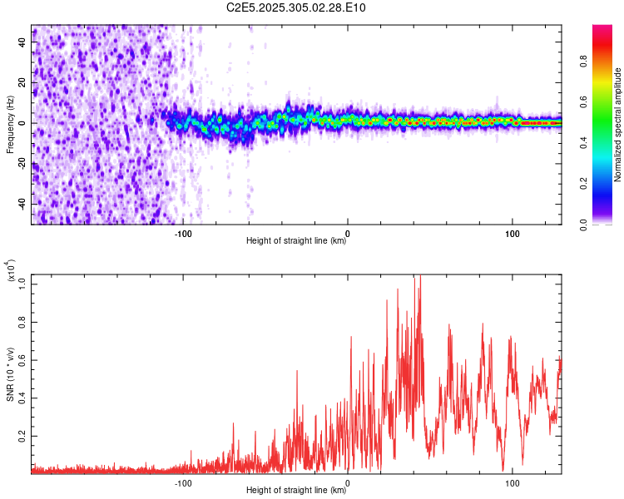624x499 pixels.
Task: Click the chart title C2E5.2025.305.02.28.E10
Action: click(297, 7)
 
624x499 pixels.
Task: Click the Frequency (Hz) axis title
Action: click(11, 123)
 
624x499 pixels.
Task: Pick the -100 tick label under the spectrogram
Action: click(183, 233)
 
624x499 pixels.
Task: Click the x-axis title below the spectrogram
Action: click(296, 242)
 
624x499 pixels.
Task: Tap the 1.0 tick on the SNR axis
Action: click(22, 284)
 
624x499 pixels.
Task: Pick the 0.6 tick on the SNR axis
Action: click(22, 359)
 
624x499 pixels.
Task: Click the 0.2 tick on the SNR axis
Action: click(22, 435)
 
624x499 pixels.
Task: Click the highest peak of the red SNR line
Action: click(420, 275)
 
